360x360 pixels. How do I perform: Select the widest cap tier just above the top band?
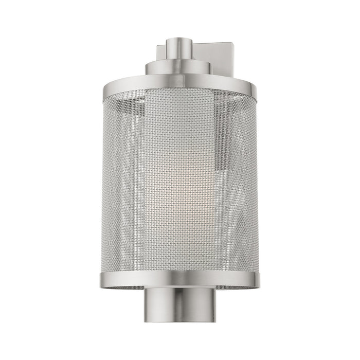(179, 78)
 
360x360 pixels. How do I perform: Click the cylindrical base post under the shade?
(179, 303)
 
